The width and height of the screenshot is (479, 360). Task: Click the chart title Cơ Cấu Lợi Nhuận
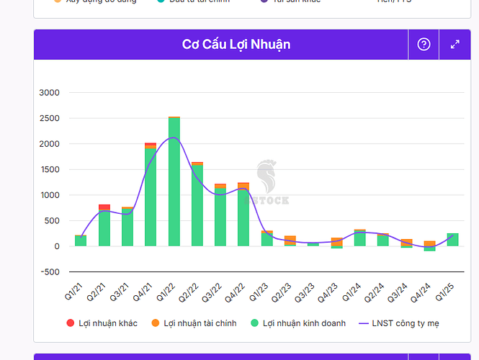(236, 45)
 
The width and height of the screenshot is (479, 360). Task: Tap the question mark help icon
(424, 45)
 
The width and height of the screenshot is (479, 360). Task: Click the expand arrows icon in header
(455, 45)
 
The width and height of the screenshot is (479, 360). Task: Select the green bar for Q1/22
(174, 184)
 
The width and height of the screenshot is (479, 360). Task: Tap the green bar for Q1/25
(452, 240)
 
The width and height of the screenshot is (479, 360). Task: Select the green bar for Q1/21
(81, 241)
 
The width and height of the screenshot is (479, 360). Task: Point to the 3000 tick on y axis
(50, 93)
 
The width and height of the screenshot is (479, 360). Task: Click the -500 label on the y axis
(50, 272)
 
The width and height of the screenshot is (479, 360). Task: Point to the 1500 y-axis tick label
(50, 170)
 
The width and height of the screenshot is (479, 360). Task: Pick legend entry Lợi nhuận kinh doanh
(296, 323)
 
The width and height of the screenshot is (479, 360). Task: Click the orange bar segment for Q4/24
(429, 244)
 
